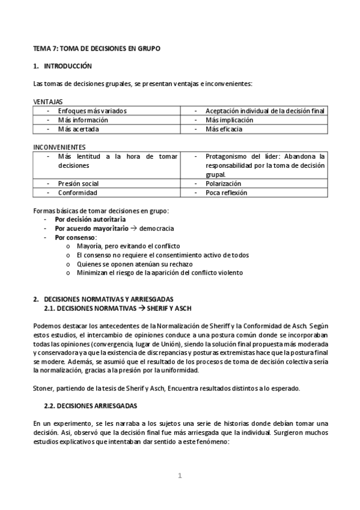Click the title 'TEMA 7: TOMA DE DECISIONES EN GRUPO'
coord(96,47)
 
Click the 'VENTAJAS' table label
coord(47,102)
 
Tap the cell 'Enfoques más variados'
coord(92,111)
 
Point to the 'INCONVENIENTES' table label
coord(59,147)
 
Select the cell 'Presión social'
coord(78,183)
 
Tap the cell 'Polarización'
coord(223,183)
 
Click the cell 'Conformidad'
coord(77,192)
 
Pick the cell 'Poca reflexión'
coord(226,192)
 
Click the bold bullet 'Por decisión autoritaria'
coord(90,220)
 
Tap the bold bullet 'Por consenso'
coord(75,238)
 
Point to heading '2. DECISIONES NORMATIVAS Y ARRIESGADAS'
coord(103,299)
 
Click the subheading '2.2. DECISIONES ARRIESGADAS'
coord(91,406)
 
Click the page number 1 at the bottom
coord(180,476)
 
